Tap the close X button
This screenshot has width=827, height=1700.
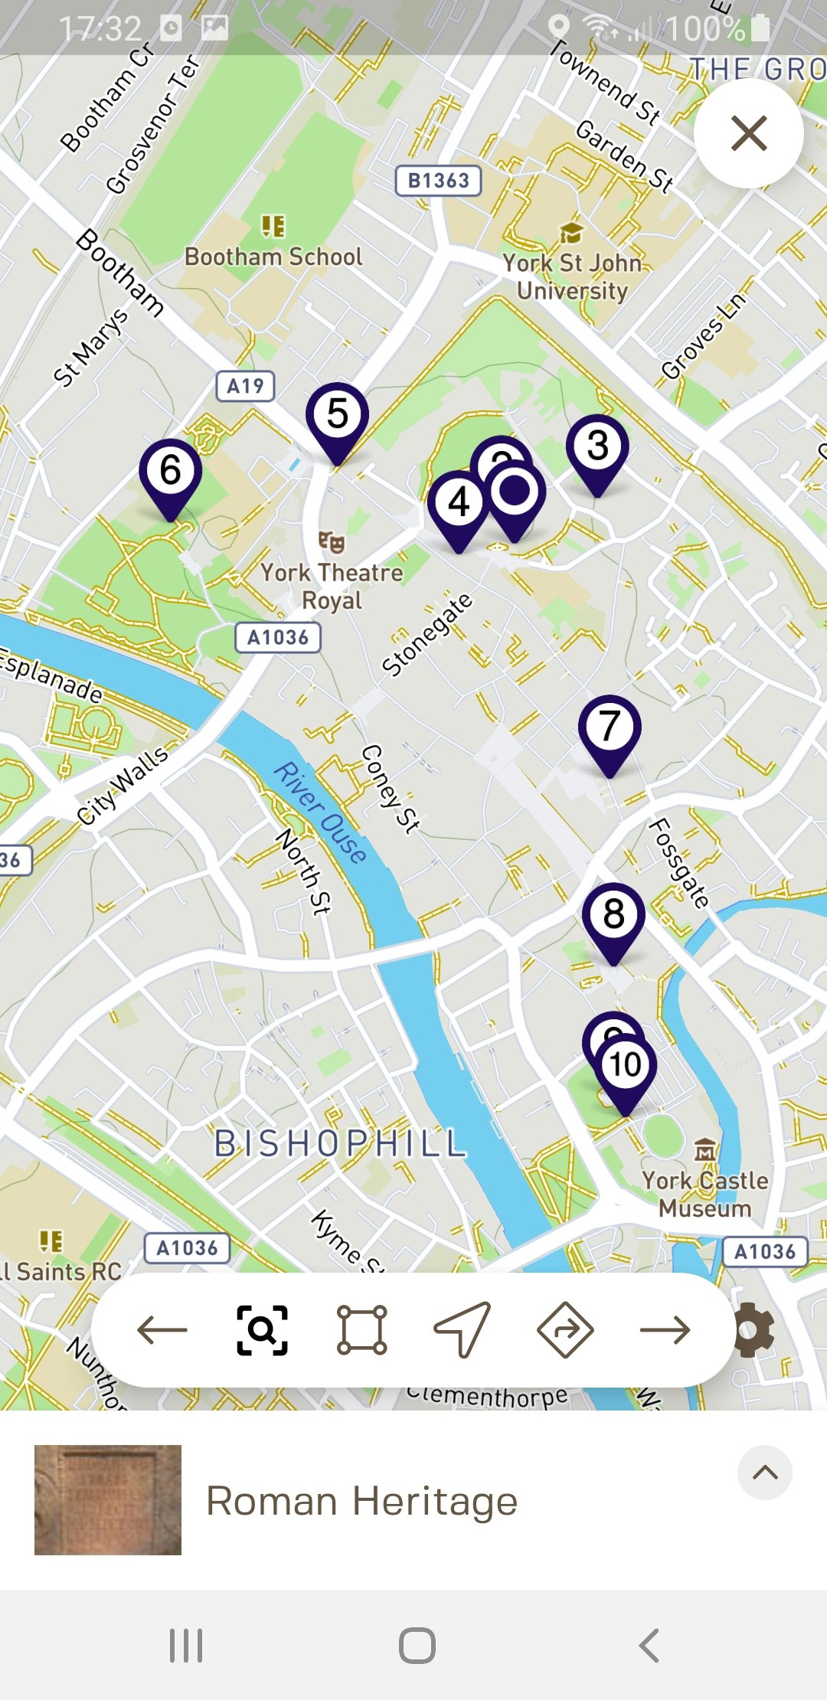(749, 133)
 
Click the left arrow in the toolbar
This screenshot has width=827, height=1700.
(162, 1330)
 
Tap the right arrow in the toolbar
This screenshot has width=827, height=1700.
(665, 1330)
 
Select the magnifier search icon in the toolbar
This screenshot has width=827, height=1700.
(262, 1330)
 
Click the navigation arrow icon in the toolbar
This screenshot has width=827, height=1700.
(463, 1330)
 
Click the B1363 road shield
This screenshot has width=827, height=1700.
(438, 181)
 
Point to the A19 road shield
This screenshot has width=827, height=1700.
(245, 386)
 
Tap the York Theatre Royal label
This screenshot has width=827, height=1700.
(332, 585)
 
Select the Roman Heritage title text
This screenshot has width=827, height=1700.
(361, 1501)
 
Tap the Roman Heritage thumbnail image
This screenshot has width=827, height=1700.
(108, 1500)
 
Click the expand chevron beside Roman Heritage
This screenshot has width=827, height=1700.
(765, 1473)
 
